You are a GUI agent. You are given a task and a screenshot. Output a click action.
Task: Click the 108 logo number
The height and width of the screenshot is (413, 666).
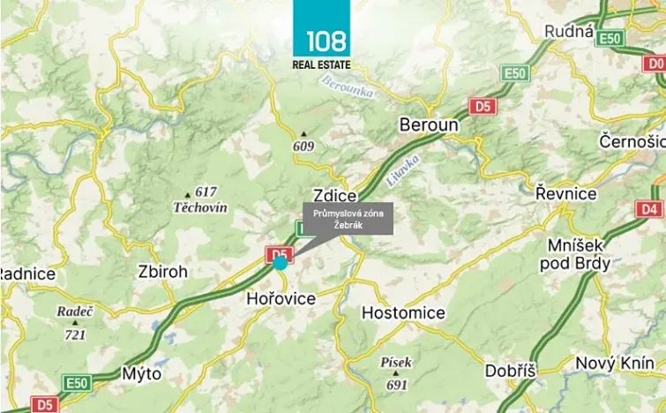coord(326,41)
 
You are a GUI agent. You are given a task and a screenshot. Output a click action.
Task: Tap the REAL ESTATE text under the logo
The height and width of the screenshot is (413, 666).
coord(322,64)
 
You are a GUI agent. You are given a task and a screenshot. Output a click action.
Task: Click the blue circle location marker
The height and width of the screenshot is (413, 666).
coord(280,262)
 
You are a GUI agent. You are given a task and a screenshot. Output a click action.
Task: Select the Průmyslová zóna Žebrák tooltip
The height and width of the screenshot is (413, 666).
coord(347,219)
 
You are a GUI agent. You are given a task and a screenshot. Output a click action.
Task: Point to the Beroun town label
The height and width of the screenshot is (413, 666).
coord(429,125)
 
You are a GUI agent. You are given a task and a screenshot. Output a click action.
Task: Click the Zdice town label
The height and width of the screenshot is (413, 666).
coord(334,195)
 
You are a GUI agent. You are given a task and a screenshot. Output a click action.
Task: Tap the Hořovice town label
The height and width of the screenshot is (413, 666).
coord(280,298)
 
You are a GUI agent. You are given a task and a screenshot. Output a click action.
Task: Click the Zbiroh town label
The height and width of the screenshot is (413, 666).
coord(163,272)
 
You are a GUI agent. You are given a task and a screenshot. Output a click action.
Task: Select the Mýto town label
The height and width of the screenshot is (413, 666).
coord(141,373)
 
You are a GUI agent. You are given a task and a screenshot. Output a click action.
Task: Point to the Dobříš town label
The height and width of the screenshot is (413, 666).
coord(511,372)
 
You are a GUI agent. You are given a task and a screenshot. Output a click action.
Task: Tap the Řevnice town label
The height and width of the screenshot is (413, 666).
coord(565,193)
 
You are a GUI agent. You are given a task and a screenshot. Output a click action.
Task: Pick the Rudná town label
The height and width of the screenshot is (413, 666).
coord(569,31)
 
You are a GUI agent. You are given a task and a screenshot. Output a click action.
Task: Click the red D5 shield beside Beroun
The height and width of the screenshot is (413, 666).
coord(483,107)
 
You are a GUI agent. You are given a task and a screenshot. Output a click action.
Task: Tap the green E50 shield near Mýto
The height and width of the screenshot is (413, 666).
coord(77,382)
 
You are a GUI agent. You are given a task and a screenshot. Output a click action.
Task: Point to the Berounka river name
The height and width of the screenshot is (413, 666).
coord(347,86)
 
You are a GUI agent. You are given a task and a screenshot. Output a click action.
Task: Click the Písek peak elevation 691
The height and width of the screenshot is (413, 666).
coord(397,385)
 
